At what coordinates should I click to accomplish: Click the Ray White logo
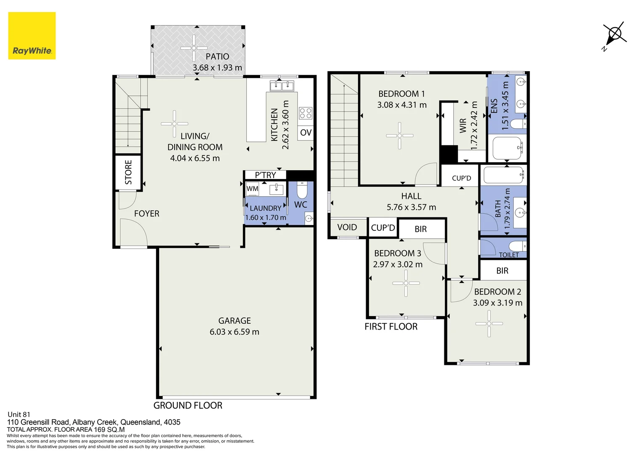point(32,36)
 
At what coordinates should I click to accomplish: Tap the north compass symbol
point(614,34)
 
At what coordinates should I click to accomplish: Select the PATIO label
point(217,56)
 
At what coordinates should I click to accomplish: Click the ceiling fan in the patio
point(194,48)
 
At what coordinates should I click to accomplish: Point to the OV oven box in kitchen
point(306,132)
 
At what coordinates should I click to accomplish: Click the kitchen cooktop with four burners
point(306,113)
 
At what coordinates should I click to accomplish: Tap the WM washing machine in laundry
point(252,189)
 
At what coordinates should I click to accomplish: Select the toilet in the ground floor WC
point(302,190)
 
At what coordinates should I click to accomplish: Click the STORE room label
point(128,172)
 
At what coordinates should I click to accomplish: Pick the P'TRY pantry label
point(265,175)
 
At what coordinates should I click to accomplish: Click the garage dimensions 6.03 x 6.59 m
point(234,332)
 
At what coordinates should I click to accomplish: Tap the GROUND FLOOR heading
point(188,405)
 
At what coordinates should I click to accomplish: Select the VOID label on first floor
point(347,227)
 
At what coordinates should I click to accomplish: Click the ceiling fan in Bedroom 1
point(400,135)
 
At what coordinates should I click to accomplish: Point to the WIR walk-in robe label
point(463,126)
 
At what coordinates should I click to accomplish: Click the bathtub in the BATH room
point(503,175)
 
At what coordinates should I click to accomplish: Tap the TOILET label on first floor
point(509,255)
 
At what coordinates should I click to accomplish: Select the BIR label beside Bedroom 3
point(421,229)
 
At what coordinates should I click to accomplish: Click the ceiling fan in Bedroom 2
point(489,323)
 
